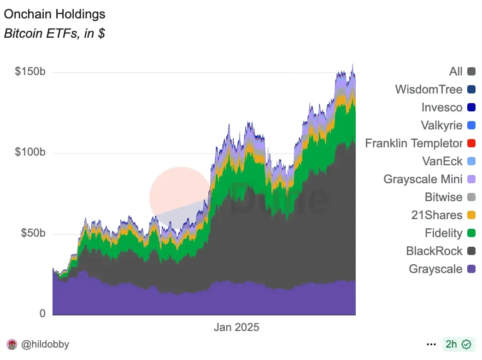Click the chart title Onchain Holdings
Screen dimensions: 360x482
tap(54, 14)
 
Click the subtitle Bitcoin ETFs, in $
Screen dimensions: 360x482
tap(54, 34)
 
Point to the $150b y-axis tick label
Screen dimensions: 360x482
tap(30, 73)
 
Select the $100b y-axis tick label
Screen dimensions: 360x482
tap(30, 153)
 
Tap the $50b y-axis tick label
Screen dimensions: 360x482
tap(33, 233)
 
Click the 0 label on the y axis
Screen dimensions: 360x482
tap(42, 314)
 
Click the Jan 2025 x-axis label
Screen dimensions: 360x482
tap(236, 327)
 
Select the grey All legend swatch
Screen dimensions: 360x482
tap(471, 72)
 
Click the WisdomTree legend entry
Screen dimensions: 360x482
tap(429, 89)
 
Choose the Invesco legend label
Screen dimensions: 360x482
tap(441, 107)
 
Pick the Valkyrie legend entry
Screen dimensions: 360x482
tap(441, 125)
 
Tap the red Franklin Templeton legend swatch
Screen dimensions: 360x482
tap(471, 144)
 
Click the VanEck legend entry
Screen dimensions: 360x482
tap(442, 161)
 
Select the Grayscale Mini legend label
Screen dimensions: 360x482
tap(423, 179)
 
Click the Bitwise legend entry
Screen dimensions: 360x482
tap(443, 197)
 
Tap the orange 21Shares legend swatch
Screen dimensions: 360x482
tap(471, 215)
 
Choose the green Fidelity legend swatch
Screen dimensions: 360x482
tap(471, 233)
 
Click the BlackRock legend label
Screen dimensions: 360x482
tap(434, 251)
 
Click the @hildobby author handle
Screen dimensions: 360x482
tap(45, 344)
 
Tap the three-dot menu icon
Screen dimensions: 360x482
tap(431, 344)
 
